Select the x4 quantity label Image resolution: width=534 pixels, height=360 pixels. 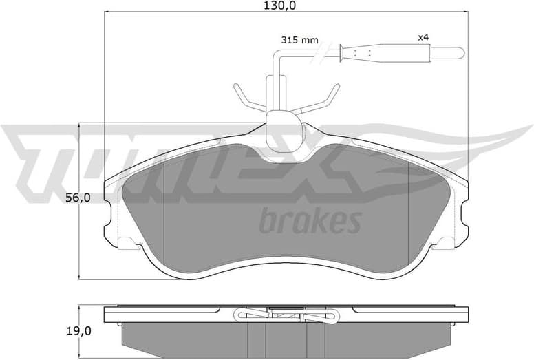pos(423,36)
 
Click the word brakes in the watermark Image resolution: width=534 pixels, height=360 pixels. pos(310,222)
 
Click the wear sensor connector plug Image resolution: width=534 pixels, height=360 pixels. pos(385,52)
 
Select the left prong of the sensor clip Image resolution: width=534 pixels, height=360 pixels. pos(242,96)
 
